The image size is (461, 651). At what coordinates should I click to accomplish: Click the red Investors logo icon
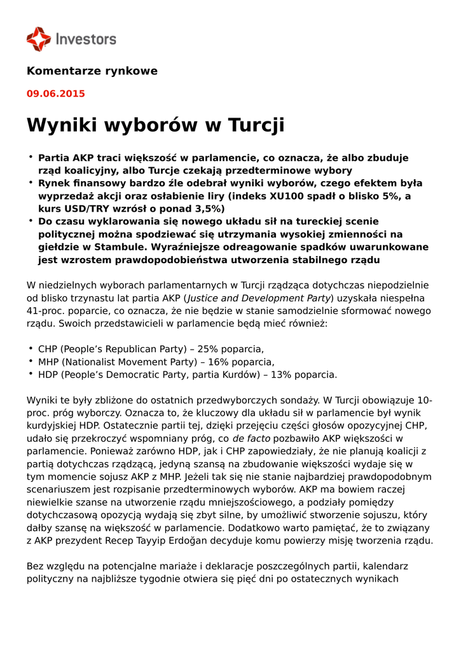[38, 39]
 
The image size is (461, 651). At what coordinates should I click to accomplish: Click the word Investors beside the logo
[86, 39]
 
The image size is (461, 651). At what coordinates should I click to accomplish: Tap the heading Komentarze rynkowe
[92, 71]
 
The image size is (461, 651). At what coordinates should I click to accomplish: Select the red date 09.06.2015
[55, 93]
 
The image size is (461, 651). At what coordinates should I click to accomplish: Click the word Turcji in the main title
[253, 125]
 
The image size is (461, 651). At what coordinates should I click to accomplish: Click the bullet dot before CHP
[31, 348]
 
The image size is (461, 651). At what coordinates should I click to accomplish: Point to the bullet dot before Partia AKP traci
[31, 157]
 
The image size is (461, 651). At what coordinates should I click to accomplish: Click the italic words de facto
[251, 439]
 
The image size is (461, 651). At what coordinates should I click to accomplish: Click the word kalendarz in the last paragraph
[385, 566]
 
